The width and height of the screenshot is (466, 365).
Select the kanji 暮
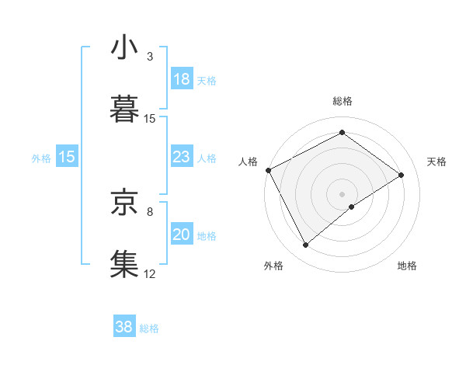(124, 108)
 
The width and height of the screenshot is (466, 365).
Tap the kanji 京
(124, 201)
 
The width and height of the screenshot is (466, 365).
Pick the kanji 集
(124, 262)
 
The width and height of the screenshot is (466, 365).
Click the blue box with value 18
(181, 79)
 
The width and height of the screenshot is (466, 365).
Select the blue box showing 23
(181, 157)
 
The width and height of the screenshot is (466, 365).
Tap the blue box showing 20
(181, 235)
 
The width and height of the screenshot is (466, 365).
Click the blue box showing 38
(124, 327)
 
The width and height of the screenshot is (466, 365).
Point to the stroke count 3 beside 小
(150, 57)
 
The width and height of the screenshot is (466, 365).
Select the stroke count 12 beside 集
(150, 273)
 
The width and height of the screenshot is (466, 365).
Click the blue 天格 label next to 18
(207, 80)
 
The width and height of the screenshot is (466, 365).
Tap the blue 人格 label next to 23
(207, 158)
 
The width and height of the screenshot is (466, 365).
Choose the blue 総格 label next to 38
(149, 328)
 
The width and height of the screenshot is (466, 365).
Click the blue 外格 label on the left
(41, 158)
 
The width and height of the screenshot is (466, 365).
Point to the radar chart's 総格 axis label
(342, 101)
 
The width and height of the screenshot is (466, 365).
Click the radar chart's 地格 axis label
(407, 266)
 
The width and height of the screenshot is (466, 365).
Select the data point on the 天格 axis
(402, 175)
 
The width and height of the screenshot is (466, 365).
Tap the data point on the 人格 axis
(268, 170)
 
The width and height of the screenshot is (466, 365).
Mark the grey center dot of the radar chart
(342, 193)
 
